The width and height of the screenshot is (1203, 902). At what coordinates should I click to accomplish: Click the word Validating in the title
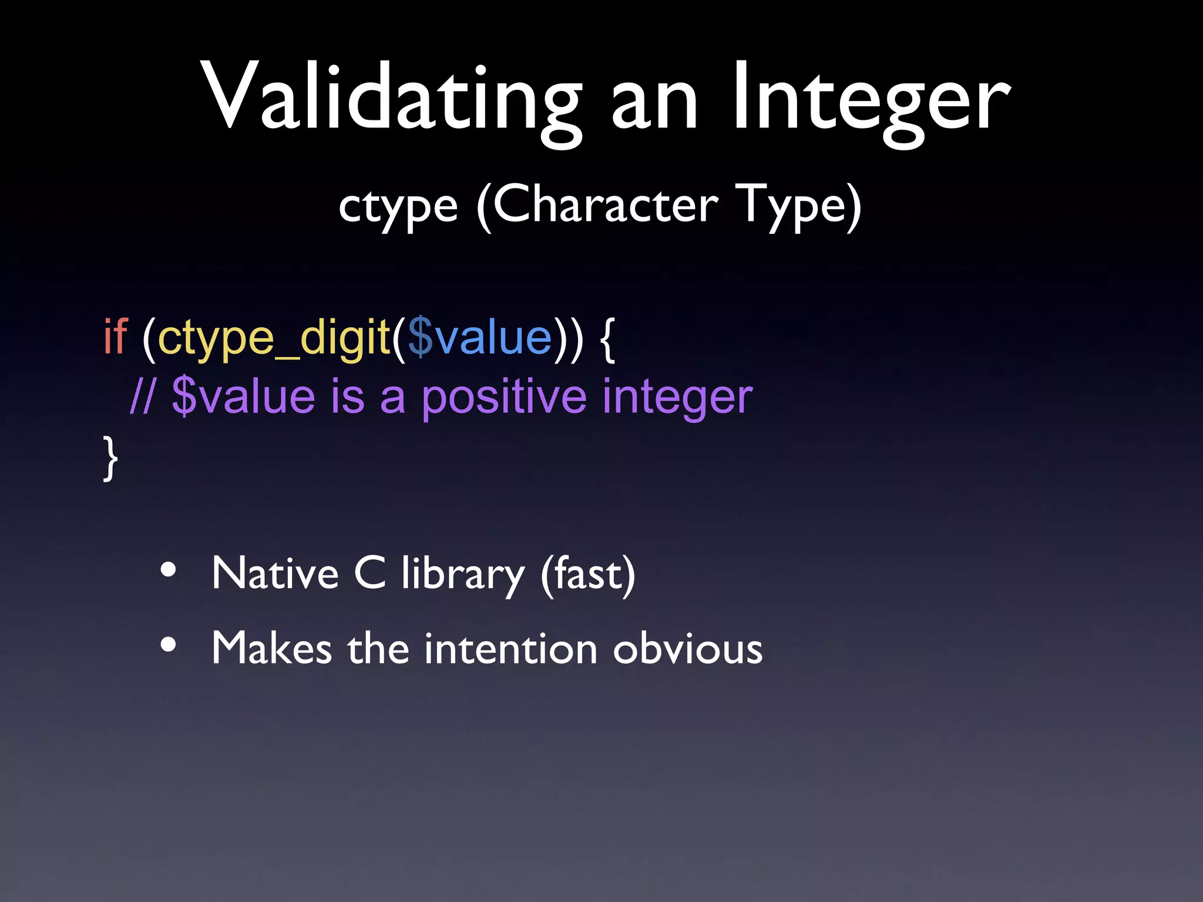tap(391, 97)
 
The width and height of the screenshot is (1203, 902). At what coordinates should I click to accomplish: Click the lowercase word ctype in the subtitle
tap(398, 207)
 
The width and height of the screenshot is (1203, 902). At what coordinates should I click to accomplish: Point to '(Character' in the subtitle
tap(597, 205)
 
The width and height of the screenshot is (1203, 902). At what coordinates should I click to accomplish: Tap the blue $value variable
tap(479, 338)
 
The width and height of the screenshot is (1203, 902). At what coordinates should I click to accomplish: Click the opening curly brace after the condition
tap(609, 339)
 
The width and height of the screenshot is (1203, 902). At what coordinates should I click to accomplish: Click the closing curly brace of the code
tap(110, 459)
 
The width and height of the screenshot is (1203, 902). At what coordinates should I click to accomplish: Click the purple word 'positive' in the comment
tap(503, 398)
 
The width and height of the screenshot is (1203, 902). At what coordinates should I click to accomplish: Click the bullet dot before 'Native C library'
tap(168, 570)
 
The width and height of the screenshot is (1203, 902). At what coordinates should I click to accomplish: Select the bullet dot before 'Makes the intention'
tap(168, 645)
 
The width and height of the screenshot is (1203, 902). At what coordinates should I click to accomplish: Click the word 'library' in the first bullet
tap(462, 574)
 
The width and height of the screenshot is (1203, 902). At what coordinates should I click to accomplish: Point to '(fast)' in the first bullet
tap(588, 574)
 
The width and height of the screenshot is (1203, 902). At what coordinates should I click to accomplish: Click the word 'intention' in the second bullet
tap(510, 648)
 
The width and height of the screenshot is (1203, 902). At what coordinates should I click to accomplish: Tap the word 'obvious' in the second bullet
tap(687, 648)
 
